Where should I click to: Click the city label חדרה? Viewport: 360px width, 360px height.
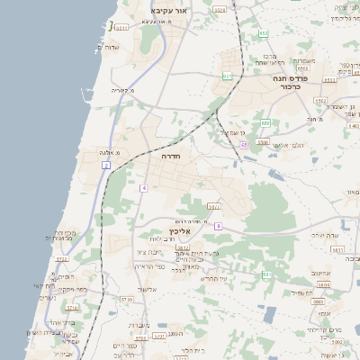171,156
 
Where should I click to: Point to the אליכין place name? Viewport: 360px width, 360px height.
180,231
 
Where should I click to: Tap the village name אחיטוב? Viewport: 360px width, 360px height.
321,273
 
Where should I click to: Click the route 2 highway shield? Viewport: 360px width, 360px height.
105,166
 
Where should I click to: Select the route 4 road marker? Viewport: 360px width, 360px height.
143,187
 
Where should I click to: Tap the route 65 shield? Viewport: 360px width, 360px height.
243,144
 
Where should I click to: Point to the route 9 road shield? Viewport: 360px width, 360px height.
217,225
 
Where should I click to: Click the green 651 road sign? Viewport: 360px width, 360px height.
229,76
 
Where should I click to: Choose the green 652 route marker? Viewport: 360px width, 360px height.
264,33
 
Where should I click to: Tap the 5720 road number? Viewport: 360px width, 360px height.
126,299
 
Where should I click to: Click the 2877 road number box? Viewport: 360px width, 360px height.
213,206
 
